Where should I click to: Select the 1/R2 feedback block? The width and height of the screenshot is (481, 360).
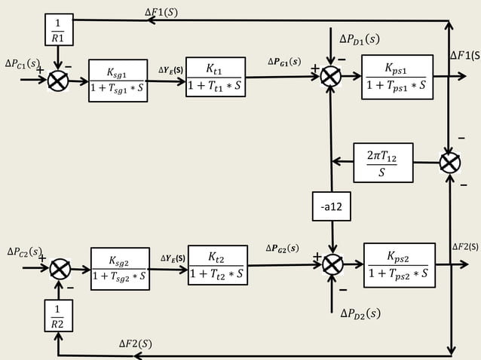click(x=57, y=316)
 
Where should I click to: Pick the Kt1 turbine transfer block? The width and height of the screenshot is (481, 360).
click(x=215, y=78)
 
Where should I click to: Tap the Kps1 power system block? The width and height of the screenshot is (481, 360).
click(x=397, y=77)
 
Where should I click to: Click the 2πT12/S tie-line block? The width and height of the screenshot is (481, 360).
click(x=384, y=163)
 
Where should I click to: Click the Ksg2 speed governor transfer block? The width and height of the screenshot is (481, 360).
click(x=120, y=269)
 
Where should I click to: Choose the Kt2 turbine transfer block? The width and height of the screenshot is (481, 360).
click(x=217, y=266)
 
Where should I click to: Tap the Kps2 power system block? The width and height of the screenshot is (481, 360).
click(x=399, y=265)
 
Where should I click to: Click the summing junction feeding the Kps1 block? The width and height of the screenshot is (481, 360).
click(x=331, y=77)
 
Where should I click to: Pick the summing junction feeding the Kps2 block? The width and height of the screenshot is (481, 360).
click(x=332, y=264)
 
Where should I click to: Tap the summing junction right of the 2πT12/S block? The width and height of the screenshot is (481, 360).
click(x=450, y=163)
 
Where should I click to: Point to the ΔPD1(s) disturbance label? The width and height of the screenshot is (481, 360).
click(x=360, y=38)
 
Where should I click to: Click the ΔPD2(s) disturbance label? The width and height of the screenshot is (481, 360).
click(x=360, y=313)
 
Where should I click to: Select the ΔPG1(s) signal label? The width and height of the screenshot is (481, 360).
click(x=283, y=61)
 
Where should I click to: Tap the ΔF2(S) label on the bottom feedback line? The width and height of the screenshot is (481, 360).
click(x=136, y=343)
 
